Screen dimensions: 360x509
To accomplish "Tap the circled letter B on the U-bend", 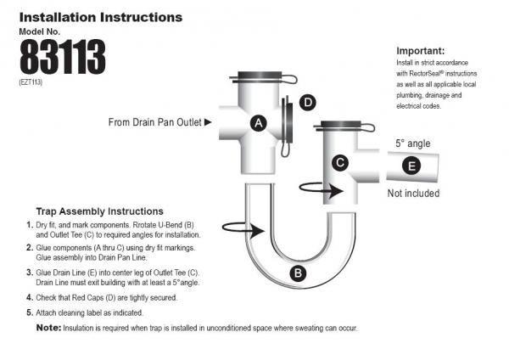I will tap(298, 273).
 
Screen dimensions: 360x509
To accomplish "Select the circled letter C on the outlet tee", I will tap(338, 161).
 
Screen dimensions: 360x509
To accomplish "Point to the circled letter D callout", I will tap(308, 103).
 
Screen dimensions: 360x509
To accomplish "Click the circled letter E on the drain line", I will tap(410, 166).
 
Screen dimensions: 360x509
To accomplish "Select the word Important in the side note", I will tap(420, 50).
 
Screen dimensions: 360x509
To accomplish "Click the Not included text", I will tap(413, 194).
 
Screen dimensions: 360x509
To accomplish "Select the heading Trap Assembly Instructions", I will tap(99, 211).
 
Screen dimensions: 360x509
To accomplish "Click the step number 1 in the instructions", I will tap(30, 225).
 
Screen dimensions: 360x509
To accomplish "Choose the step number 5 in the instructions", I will tap(30, 312).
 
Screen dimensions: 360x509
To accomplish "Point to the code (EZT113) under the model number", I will tap(31, 82).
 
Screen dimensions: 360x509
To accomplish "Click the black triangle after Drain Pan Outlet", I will tap(207, 122).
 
